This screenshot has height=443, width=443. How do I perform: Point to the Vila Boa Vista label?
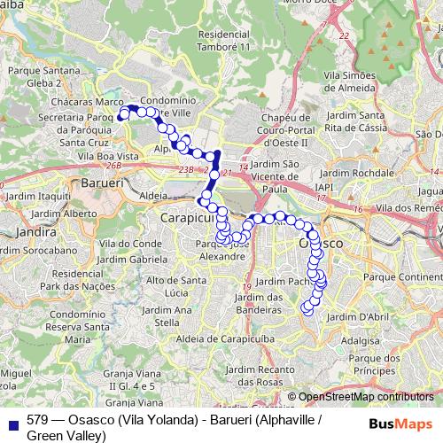tap(108, 156)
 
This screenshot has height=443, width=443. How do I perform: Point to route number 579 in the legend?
tap(37, 419)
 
